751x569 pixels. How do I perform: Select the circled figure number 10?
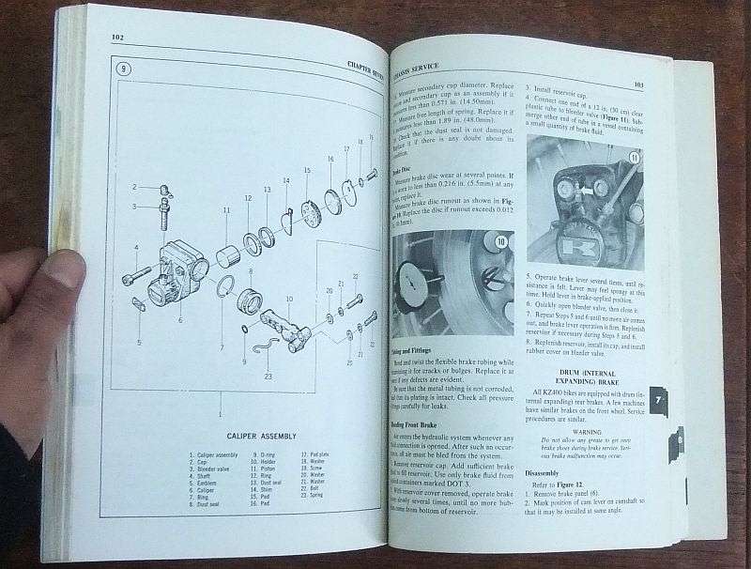[501, 242]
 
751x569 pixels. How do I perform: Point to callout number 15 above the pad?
[306, 171]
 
